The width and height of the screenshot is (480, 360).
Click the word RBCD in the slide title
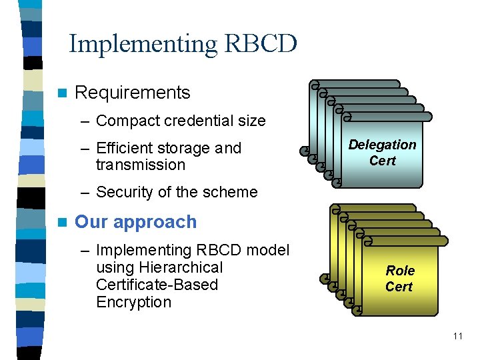click(x=261, y=44)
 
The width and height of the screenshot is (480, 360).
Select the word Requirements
click(x=133, y=93)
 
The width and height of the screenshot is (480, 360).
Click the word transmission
click(x=140, y=165)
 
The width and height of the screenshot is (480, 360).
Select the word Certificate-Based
click(x=157, y=285)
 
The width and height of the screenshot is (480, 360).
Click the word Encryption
click(x=133, y=302)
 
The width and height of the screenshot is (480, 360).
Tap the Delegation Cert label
click(x=383, y=153)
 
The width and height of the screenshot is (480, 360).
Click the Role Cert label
click(x=399, y=279)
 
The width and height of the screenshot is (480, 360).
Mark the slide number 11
click(x=457, y=336)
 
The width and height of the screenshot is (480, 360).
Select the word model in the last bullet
click(x=269, y=250)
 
